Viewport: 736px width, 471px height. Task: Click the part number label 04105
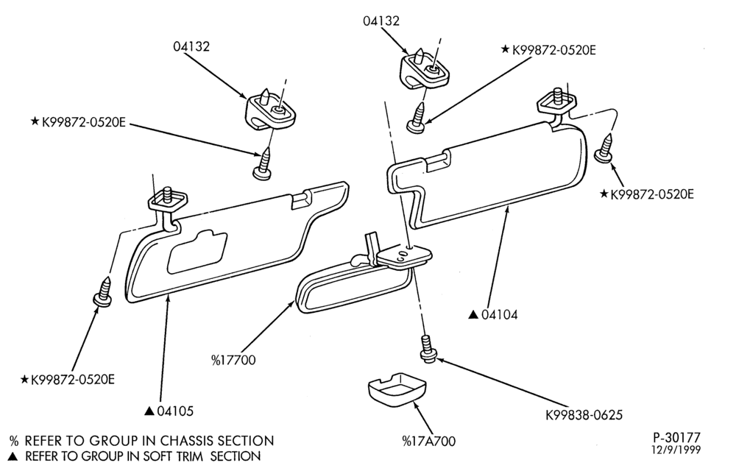tap(175, 411)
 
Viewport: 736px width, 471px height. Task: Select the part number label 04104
tap(500, 315)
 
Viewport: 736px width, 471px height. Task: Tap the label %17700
tap(233, 361)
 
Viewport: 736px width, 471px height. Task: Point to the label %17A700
tap(429, 441)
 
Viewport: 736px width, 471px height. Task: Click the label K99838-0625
tap(584, 415)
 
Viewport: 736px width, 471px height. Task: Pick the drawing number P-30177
tap(676, 437)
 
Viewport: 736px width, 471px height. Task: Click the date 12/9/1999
tap(676, 450)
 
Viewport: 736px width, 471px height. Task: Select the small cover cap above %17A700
tap(397, 389)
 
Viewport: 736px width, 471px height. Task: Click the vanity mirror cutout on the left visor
tap(197, 252)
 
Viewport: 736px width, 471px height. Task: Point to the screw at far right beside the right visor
tap(605, 148)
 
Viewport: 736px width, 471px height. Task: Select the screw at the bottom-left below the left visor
tap(103, 291)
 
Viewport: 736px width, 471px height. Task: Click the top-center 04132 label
tap(381, 21)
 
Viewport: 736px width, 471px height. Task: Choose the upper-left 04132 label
tap(191, 47)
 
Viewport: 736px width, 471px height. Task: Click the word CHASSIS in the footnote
tap(189, 441)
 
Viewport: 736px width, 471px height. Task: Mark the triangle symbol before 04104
tap(473, 315)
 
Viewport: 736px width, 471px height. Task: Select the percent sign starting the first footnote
tap(15, 441)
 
